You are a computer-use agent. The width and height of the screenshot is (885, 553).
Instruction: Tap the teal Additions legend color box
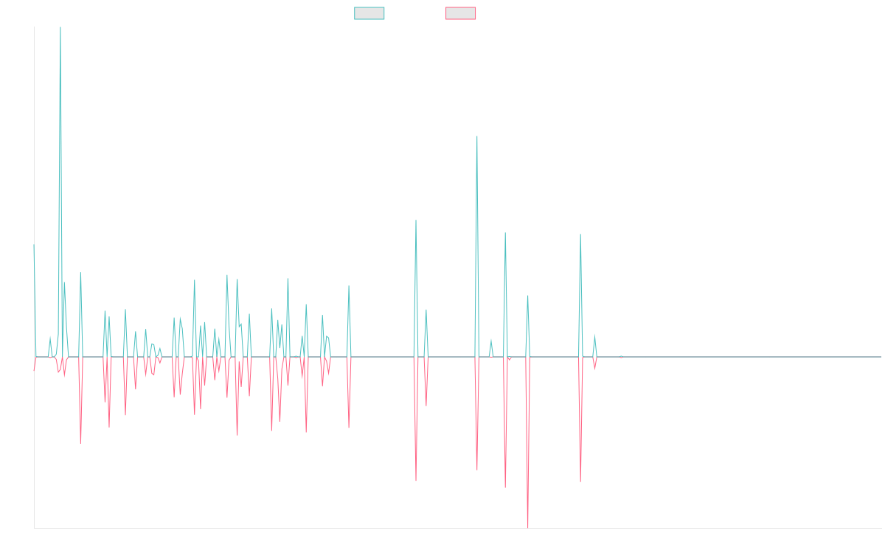pyautogui.click(x=369, y=13)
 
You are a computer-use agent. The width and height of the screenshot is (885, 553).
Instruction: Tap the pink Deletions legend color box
pyautogui.click(x=461, y=13)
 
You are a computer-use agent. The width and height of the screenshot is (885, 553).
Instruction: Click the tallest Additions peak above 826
pyautogui.click(x=60, y=28)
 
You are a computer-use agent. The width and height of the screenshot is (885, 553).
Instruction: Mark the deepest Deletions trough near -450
pyautogui.click(x=528, y=526)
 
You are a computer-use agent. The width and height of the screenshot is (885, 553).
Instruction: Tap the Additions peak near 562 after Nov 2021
pyautogui.click(x=477, y=136)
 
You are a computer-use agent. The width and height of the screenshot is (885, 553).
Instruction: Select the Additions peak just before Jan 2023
pyautogui.click(x=581, y=234)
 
